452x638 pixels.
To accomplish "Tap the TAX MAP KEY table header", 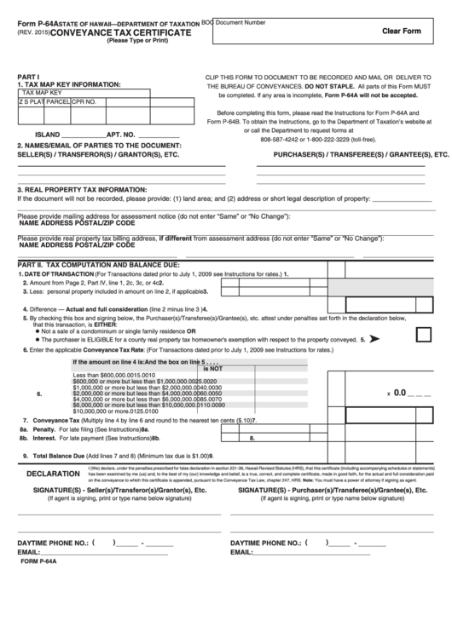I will [42, 91].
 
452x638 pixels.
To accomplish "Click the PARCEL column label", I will [57, 101].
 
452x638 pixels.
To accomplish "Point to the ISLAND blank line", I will [82, 135].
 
